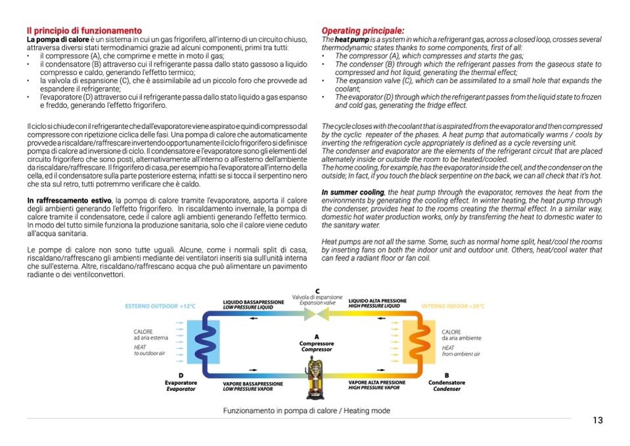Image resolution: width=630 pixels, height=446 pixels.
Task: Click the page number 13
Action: click(596, 420)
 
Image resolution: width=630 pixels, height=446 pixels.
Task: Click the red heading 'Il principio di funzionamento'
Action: click(84, 31)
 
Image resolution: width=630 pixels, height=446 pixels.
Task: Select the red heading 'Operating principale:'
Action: click(363, 31)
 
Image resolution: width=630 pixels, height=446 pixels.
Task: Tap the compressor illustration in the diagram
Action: click(317, 378)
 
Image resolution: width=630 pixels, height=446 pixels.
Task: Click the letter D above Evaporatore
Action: click(180, 375)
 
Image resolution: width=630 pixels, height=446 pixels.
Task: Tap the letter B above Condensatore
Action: click(447, 375)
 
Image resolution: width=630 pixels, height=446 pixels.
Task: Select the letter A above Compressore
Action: click(317, 337)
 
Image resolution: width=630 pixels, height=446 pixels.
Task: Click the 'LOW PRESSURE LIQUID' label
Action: click(248, 307)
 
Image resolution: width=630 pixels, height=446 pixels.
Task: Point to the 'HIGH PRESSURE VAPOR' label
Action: click(373, 388)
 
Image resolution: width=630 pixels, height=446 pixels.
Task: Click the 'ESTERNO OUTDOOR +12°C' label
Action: click(160, 307)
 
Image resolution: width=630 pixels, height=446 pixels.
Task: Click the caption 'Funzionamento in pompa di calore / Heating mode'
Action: click(306, 410)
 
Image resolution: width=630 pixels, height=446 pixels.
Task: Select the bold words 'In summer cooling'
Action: click(353, 191)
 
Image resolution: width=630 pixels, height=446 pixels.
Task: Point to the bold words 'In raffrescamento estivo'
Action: click(69, 200)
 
